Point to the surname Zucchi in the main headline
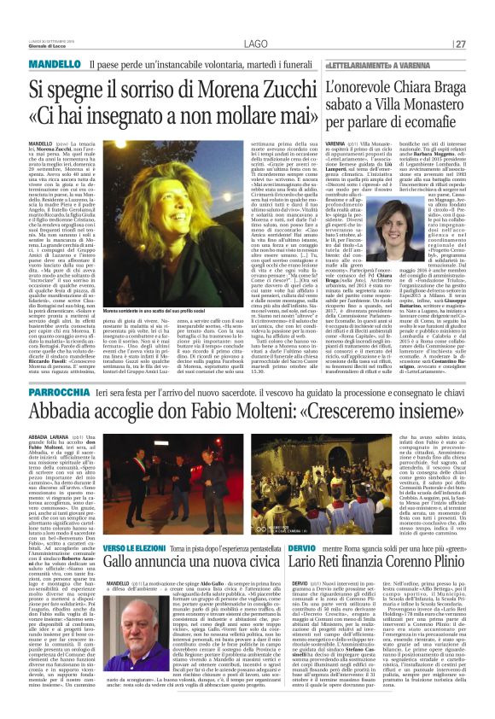point(268,86)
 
